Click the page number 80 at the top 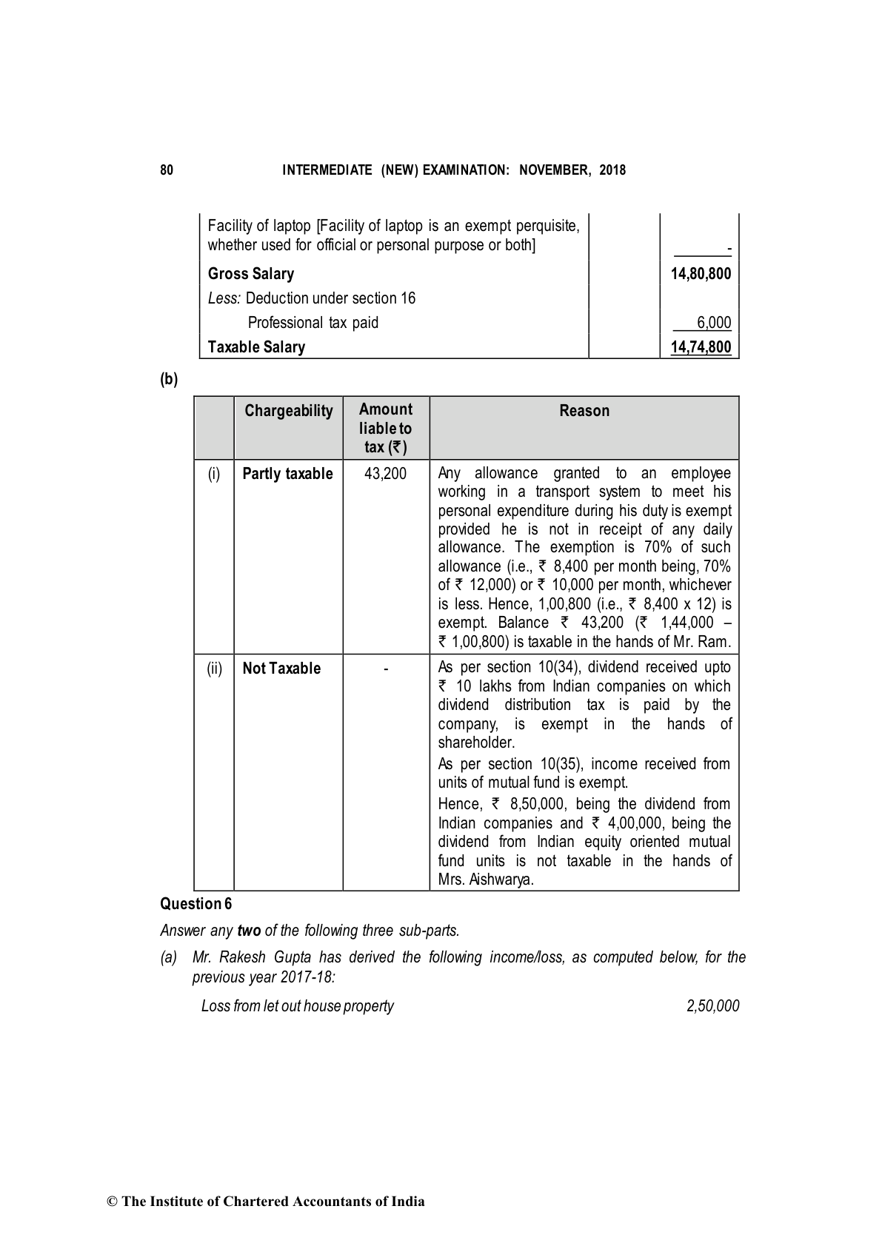click(167, 170)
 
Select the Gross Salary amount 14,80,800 click(701, 274)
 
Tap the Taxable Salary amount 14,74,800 click(701, 347)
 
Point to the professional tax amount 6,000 click(714, 323)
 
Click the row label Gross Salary click(251, 274)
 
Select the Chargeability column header click(289, 411)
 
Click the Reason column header click(584, 411)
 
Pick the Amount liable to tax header click(386, 428)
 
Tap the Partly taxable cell click(287, 474)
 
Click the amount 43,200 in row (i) click(386, 474)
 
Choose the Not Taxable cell click(281, 669)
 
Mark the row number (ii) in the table click(214, 669)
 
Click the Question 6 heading click(196, 904)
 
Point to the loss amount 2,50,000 click(712, 1005)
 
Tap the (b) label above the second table click(169, 379)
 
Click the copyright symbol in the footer click(113, 1202)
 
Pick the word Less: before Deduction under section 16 click(224, 298)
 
